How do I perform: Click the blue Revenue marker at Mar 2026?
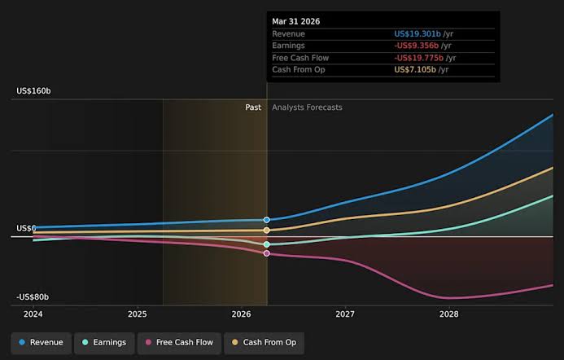[x=266, y=220]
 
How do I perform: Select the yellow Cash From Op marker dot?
[x=266, y=230]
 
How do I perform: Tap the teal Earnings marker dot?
[x=266, y=244]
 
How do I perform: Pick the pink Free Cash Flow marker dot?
[x=266, y=253]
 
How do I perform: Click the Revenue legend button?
[x=41, y=343]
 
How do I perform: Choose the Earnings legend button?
[x=104, y=343]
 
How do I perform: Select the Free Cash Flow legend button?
[x=179, y=343]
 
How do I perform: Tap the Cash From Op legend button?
[x=264, y=343]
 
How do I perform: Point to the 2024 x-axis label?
[x=33, y=314]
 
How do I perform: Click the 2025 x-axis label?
[x=138, y=314]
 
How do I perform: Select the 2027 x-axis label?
[x=345, y=314]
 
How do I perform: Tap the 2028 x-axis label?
[x=449, y=314]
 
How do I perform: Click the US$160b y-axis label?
[x=33, y=91]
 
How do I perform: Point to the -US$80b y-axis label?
[x=33, y=297]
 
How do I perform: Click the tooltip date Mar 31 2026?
[x=295, y=22]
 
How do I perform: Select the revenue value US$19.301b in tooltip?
[x=418, y=34]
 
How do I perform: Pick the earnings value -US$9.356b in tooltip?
[x=416, y=46]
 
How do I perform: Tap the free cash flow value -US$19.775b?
[x=418, y=58]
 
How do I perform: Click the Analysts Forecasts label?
[x=307, y=108]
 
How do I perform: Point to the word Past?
[x=253, y=108]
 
